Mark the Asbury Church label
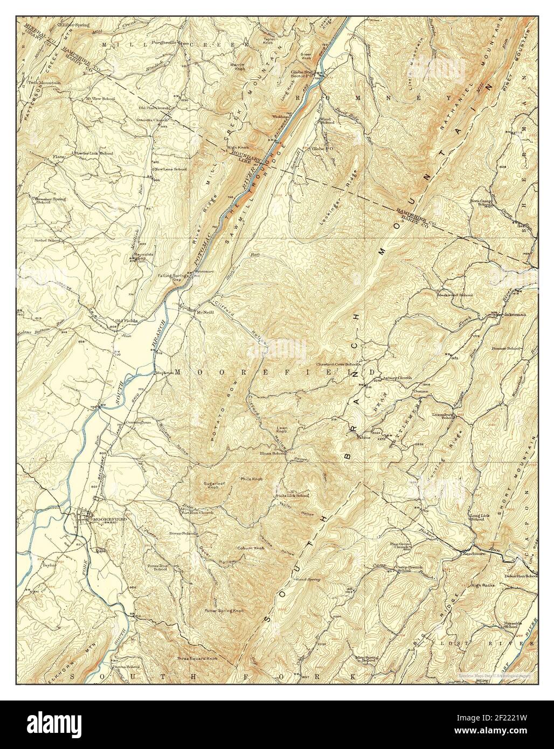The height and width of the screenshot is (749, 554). coord(397,377)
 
